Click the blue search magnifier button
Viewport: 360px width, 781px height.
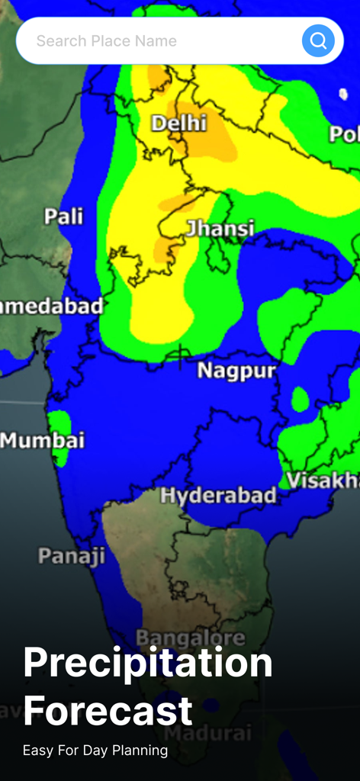(x=318, y=40)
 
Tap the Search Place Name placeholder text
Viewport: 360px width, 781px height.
(x=106, y=41)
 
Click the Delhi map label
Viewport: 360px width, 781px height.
(x=178, y=123)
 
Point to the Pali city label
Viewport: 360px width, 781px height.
(x=64, y=217)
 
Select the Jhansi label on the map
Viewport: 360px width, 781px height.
(x=220, y=228)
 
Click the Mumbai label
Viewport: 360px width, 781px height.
(x=43, y=440)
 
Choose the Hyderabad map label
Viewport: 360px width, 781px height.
(x=218, y=496)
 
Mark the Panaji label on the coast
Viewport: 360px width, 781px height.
(x=72, y=556)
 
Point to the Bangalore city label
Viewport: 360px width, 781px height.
(x=191, y=638)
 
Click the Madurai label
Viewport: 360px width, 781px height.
(x=208, y=733)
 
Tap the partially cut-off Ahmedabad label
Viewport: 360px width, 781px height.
(x=50, y=307)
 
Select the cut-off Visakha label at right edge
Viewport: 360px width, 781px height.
(x=322, y=480)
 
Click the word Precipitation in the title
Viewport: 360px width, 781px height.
(x=148, y=663)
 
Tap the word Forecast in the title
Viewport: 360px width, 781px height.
(x=108, y=711)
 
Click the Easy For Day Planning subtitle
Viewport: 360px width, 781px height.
(x=95, y=750)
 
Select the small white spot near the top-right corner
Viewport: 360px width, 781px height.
(x=342, y=94)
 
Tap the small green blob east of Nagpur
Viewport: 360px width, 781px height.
(x=300, y=399)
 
